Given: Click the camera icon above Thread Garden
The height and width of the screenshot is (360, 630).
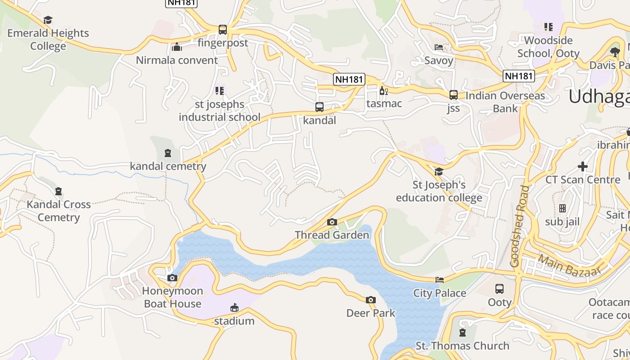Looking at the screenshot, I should pos(332,222).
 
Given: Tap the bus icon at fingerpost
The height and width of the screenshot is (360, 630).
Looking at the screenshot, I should pos(223,30).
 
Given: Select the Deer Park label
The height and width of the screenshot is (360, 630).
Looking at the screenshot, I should pos(371,313).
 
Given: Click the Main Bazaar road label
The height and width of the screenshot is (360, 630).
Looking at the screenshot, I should pos(570,265).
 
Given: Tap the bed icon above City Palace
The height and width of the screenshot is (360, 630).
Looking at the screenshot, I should pos(440,280).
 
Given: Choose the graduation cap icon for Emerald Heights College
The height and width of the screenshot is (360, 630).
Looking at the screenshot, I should pos(48,20).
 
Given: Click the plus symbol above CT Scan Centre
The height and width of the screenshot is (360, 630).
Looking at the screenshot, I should pos(583,166).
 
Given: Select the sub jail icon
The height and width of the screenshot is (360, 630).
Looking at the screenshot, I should pos(562,208).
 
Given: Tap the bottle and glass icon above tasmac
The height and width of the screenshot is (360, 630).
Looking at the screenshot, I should pos(383,90).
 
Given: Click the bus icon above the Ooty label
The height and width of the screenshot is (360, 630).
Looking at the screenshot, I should pos(499,289).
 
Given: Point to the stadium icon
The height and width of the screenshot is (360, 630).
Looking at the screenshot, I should pos(234,308).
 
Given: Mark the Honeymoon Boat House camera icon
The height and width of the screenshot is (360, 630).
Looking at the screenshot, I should pos(172,278).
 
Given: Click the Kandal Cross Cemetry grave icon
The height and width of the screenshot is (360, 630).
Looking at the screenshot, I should pos(58,191).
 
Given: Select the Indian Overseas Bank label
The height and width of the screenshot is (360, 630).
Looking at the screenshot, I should pos(505,102).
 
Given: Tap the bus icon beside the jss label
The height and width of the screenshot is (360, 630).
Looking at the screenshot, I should pos(454,95).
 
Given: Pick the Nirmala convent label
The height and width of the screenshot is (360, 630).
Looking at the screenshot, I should pos(177,60).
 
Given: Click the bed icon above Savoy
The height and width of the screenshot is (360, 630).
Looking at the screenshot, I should pos(439,47).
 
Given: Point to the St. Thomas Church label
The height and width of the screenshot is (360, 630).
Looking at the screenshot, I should pos(463,346).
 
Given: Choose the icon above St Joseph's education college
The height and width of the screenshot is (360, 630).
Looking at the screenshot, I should pos(439,171).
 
